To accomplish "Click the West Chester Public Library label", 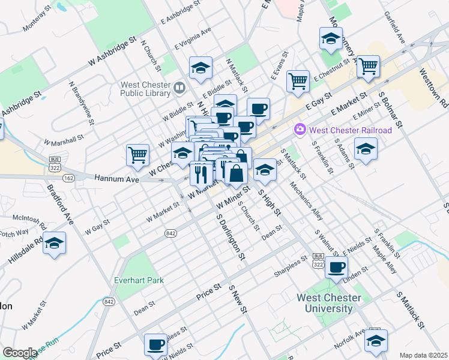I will click(x=145, y=89).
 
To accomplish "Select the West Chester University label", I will click(x=330, y=304).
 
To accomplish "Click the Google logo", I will click(x=20, y=353).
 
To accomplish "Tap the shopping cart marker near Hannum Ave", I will click(x=137, y=155).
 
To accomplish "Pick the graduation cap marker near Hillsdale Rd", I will click(x=55, y=244).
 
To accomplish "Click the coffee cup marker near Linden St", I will click(x=336, y=267).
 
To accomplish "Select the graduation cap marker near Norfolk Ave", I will click(x=376, y=342).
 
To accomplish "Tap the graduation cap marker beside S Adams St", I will click(x=366, y=149).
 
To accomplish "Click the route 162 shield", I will click(x=68, y=178).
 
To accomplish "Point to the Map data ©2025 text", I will click(x=423, y=355).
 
